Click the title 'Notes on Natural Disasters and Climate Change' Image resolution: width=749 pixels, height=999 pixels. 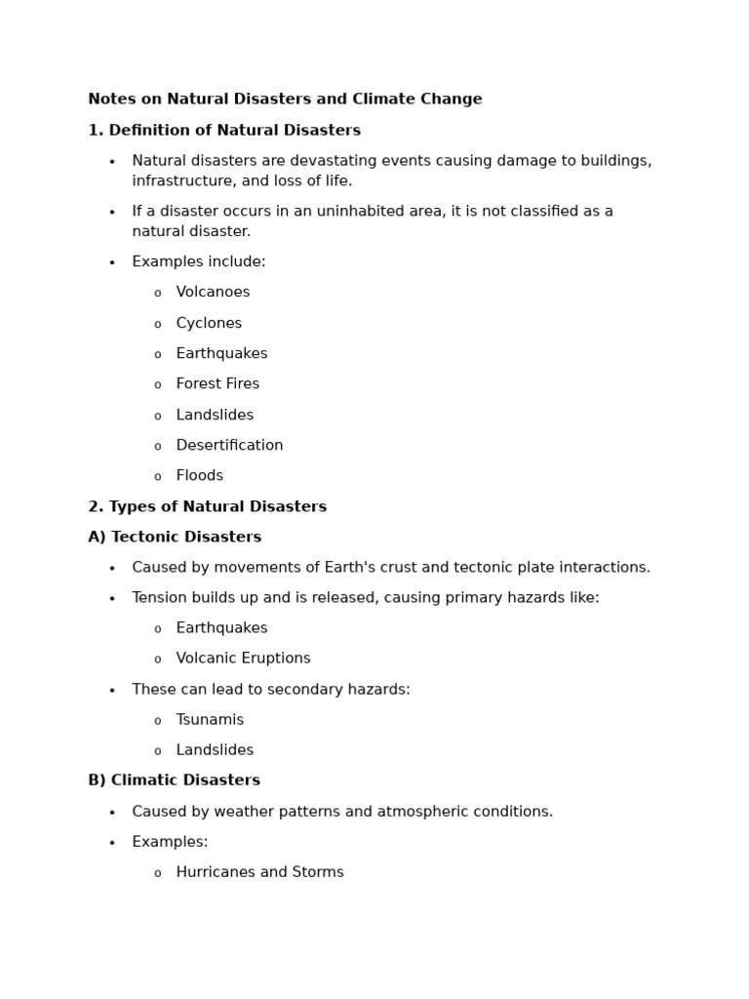pyautogui.click(x=285, y=100)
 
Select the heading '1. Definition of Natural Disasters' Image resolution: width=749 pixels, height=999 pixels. pyautogui.click(x=224, y=131)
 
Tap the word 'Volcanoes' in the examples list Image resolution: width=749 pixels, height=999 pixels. pyautogui.click(x=213, y=293)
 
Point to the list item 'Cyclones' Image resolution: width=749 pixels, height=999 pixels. pyautogui.click(x=209, y=323)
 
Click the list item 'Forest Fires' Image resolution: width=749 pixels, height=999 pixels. pyautogui.click(x=217, y=384)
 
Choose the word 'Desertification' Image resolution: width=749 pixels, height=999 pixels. pyautogui.click(x=229, y=446)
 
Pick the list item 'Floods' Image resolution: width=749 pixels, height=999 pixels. pyautogui.click(x=199, y=476)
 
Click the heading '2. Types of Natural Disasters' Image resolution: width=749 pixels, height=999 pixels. pyautogui.click(x=207, y=507)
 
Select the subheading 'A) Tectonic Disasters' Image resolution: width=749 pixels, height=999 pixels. pyautogui.click(x=175, y=538)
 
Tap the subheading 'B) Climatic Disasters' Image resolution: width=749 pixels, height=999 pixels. pyautogui.click(x=174, y=780)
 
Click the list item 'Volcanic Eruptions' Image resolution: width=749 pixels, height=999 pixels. pyautogui.click(x=243, y=659)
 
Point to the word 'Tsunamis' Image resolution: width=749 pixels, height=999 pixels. pyautogui.click(x=210, y=720)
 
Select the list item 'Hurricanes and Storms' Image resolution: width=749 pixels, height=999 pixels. pyautogui.click(x=259, y=872)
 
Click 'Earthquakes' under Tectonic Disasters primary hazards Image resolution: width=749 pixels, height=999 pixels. pyautogui.click(x=221, y=628)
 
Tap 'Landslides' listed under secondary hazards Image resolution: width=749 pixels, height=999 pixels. pyautogui.click(x=215, y=750)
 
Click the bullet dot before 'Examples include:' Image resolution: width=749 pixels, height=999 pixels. pyautogui.click(x=112, y=262)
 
